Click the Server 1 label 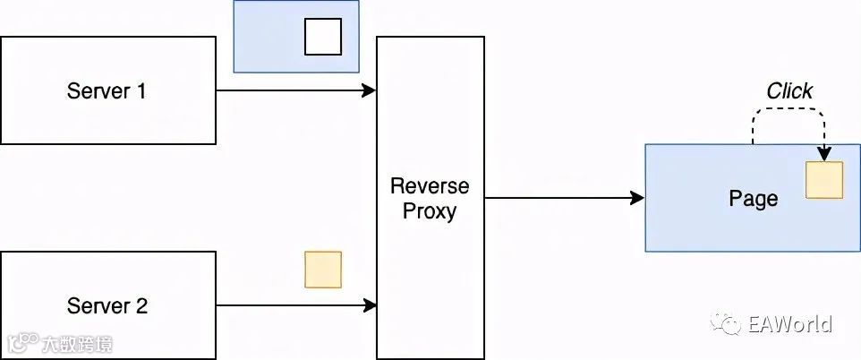[x=107, y=90]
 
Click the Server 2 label [x=107, y=305]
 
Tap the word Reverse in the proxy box [x=430, y=186]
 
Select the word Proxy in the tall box [x=430, y=211]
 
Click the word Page [x=753, y=198]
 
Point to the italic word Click [x=789, y=91]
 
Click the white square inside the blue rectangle [x=323, y=37]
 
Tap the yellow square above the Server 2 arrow [x=323, y=270]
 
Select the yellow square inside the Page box [x=824, y=180]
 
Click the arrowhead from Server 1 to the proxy [x=370, y=90]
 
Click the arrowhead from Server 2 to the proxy [x=370, y=305]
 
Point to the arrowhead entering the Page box [x=638, y=198]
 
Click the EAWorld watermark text [x=791, y=324]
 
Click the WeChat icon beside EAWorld [x=726, y=324]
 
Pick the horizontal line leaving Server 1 [x=286, y=90]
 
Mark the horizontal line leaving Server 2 [x=286, y=305]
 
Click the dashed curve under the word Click [x=788, y=109]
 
